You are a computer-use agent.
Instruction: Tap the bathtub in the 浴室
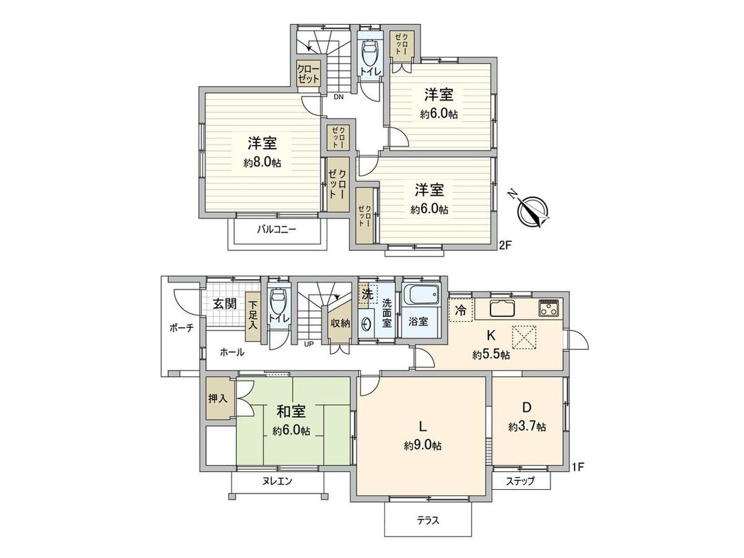pos(421,297)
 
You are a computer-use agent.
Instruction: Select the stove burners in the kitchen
pos(549,307)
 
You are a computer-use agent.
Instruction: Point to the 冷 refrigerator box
pos(460,309)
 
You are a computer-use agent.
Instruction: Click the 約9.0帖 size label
pos(422,445)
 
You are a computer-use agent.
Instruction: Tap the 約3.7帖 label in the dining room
pos(527,427)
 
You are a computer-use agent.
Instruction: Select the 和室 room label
pos(291,411)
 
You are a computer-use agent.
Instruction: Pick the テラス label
pos(428,520)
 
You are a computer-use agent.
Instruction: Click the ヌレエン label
pos(277,482)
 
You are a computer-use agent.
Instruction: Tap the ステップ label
pos(521,481)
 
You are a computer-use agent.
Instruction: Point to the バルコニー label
pos(277,229)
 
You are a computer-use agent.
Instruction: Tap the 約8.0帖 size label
pos(262,163)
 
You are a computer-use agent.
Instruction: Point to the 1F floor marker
pos(577,468)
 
